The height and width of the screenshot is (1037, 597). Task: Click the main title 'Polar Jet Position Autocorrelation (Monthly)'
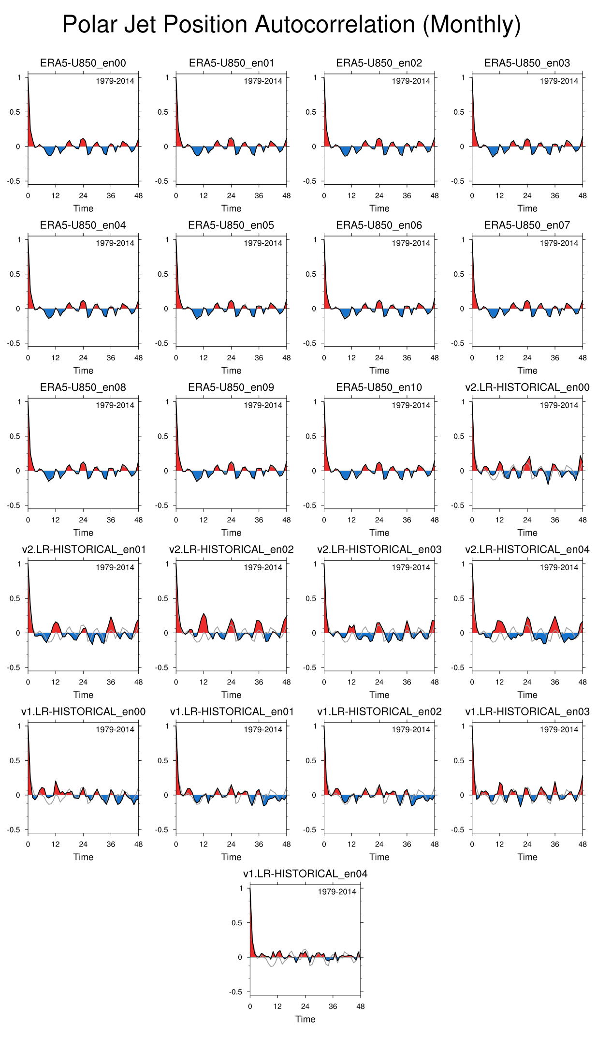pyautogui.click(x=291, y=25)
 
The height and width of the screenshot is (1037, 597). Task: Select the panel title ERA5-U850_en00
pyautogui.click(x=83, y=63)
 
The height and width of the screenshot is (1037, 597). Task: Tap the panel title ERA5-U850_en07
pyautogui.click(x=527, y=225)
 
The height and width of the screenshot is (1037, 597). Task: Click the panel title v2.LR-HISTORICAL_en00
pyautogui.click(x=527, y=387)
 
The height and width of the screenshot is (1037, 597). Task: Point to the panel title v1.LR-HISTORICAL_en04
pyautogui.click(x=305, y=874)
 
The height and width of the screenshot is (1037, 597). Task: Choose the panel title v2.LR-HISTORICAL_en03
pyautogui.click(x=379, y=549)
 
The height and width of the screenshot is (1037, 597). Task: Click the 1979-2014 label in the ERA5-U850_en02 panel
pyautogui.click(x=411, y=81)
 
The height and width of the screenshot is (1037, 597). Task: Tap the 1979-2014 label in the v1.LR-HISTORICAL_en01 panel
pyautogui.click(x=263, y=729)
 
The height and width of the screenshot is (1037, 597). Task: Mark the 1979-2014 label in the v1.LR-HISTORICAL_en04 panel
pyautogui.click(x=337, y=891)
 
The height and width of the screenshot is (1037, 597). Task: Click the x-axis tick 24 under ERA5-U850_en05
pyautogui.click(x=231, y=358)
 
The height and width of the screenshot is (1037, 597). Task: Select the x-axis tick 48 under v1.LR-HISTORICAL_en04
pyautogui.click(x=361, y=1007)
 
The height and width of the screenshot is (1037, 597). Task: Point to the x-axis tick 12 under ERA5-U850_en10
pyautogui.click(x=351, y=520)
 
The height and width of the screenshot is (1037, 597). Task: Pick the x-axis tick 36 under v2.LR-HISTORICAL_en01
pyautogui.click(x=111, y=682)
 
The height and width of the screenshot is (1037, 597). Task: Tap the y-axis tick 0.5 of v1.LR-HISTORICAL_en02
pyautogui.click(x=310, y=760)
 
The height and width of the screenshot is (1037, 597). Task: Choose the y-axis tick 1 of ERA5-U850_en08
pyautogui.click(x=19, y=402)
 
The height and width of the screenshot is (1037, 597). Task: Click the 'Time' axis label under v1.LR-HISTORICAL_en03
pyautogui.click(x=527, y=857)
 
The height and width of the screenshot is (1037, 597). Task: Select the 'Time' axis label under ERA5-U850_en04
pyautogui.click(x=83, y=370)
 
